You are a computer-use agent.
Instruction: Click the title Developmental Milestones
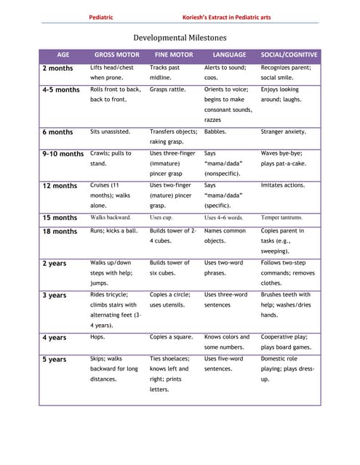179,37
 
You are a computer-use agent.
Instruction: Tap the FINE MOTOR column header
174,54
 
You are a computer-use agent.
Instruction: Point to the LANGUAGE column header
229,54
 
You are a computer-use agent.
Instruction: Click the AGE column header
63,54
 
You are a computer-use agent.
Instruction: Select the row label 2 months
57,68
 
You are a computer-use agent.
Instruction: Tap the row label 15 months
60,218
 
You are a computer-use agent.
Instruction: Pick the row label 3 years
54,296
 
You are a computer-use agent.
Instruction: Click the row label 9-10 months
63,154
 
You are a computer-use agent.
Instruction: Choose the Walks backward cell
111,217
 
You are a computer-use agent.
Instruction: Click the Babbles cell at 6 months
215,132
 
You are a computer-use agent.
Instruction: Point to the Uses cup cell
161,217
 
